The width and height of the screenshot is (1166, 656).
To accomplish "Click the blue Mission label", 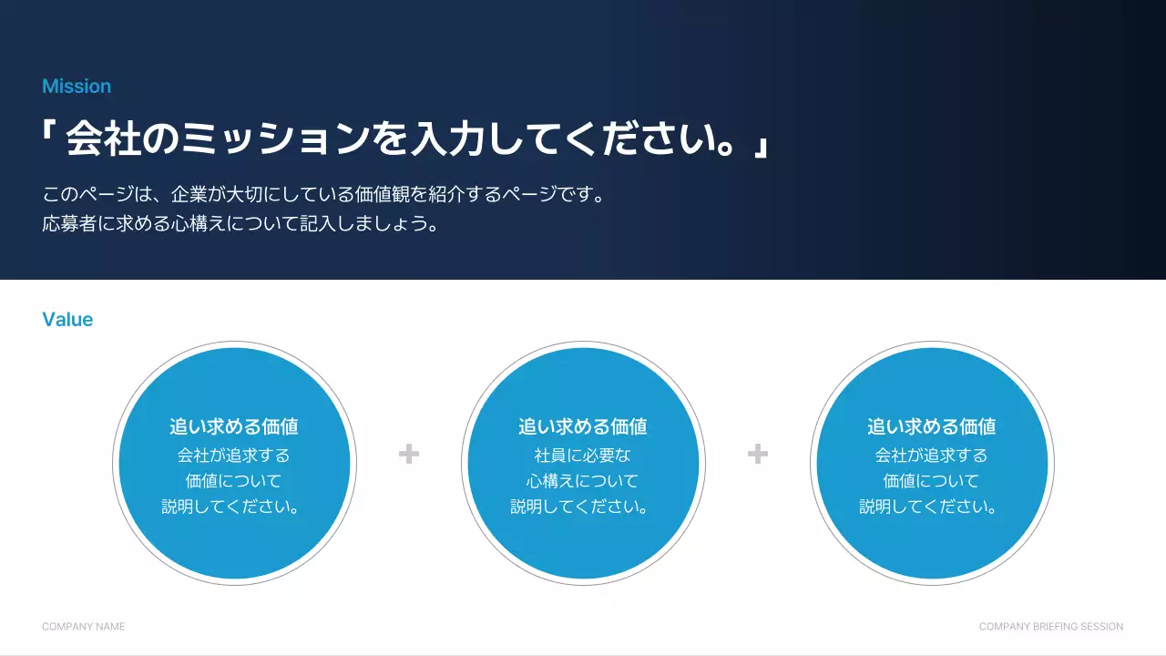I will coord(77,87).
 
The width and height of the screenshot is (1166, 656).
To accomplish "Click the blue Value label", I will coord(67,320).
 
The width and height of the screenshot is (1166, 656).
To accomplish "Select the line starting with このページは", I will coord(323,195).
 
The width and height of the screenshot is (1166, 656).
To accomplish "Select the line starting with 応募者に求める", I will coord(240,224).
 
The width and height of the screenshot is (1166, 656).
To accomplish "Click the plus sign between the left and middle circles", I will coord(409,454).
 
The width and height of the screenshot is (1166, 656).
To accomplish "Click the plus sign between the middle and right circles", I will coord(758,454).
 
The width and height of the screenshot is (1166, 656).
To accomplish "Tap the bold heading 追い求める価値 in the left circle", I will coord(234,426).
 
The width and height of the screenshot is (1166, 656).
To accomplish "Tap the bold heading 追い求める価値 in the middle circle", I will coord(583,426).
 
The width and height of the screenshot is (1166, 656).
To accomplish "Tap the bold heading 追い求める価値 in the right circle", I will coord(932,426).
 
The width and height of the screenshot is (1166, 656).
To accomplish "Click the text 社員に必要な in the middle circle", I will coord(583,455).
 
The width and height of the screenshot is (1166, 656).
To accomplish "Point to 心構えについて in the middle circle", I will coord(583,481).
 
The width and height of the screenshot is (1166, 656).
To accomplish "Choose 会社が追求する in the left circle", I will coord(234,455).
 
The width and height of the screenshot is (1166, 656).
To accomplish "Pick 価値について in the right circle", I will coord(932,481).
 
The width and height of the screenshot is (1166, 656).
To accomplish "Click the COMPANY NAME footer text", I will coord(84,627).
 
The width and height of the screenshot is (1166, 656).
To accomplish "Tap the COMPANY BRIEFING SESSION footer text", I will coord(1051,627).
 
